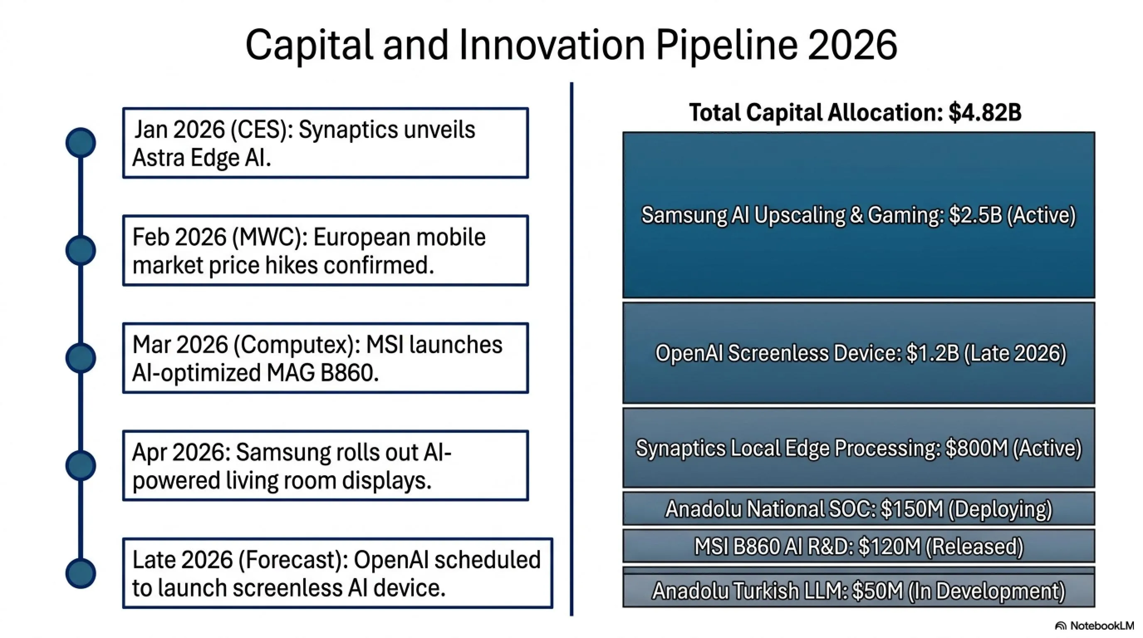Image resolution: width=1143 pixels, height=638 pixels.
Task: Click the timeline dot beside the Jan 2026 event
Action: pyautogui.click(x=81, y=142)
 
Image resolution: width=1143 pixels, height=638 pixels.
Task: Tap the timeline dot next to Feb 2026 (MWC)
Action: pyautogui.click(x=81, y=250)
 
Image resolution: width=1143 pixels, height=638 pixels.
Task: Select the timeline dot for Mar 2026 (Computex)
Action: pyautogui.click(x=81, y=358)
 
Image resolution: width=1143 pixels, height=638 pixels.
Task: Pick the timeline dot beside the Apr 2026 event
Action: pyautogui.click(x=81, y=465)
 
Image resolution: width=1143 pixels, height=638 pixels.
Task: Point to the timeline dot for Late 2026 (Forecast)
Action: pyautogui.click(x=81, y=573)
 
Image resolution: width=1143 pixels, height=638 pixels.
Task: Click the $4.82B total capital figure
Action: pyautogui.click(x=985, y=112)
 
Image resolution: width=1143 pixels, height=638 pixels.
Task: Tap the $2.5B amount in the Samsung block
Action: pyautogui.click(x=976, y=215)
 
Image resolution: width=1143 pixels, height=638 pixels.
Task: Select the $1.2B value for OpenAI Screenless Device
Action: pyautogui.click(x=933, y=353)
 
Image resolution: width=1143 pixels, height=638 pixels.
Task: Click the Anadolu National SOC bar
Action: pyautogui.click(x=858, y=508)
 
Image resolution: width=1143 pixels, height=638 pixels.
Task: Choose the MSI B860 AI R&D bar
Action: pyautogui.click(x=858, y=546)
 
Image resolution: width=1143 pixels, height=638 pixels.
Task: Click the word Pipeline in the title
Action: pyautogui.click(x=726, y=45)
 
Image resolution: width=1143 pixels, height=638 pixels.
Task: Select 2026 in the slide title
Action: pyautogui.click(x=852, y=45)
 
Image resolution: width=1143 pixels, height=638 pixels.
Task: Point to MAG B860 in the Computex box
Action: pyautogui.click(x=323, y=373)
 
